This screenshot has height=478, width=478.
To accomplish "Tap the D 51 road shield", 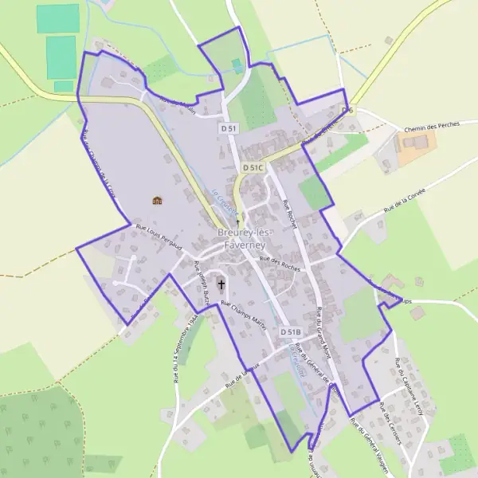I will [229, 127].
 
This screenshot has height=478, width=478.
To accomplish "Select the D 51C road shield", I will [253, 168].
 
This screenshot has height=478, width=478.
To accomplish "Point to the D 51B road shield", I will [291, 331].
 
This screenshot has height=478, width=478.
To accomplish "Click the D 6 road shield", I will [347, 110].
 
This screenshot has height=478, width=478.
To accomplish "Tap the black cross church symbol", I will [221, 284].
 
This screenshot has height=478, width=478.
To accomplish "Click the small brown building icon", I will [157, 200].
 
